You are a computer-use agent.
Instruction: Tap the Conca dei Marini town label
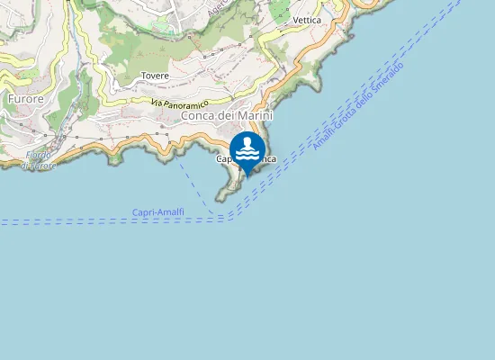[227, 115]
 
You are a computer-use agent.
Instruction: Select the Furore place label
[26, 97]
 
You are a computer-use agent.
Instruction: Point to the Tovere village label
[155, 76]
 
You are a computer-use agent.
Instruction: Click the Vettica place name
[308, 20]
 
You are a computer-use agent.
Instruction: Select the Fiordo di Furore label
[38, 161]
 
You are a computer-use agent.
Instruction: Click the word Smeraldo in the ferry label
[387, 79]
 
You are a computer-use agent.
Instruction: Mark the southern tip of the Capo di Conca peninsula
[220, 197]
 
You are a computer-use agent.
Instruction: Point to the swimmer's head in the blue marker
[247, 141]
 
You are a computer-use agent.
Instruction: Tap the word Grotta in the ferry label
[351, 115]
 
